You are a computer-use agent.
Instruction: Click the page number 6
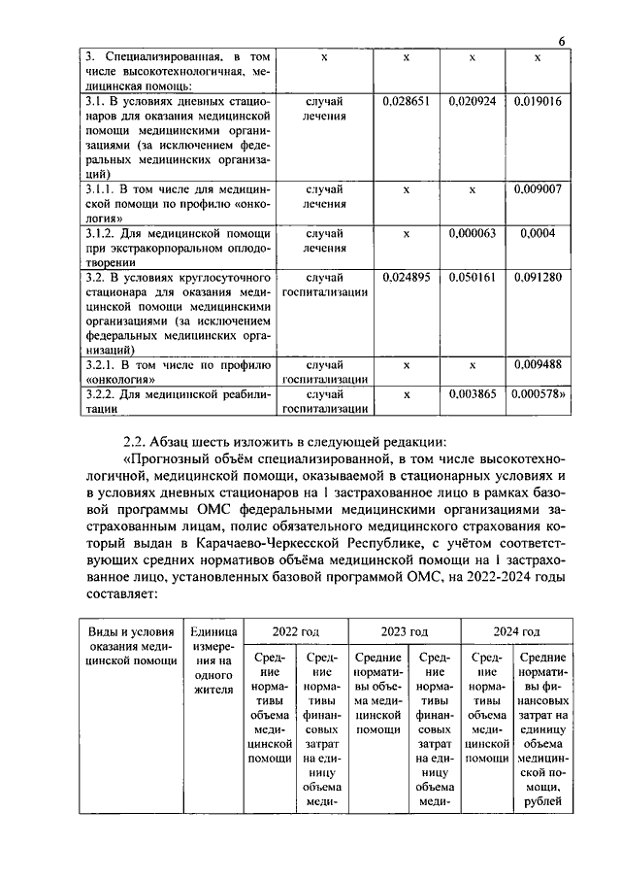pos(562,39)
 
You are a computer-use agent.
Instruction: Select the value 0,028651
pos(407,100)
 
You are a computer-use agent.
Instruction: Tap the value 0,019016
pos(538,100)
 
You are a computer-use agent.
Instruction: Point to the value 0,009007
pos(538,189)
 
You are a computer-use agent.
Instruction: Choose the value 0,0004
pos(538,233)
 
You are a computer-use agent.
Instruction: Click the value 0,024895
pos(407,277)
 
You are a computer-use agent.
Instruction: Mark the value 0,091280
pos(538,277)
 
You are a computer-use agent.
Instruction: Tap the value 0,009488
pos(538,365)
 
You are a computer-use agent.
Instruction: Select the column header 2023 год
pos(404,630)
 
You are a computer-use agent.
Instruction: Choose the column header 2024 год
pos(516,630)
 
